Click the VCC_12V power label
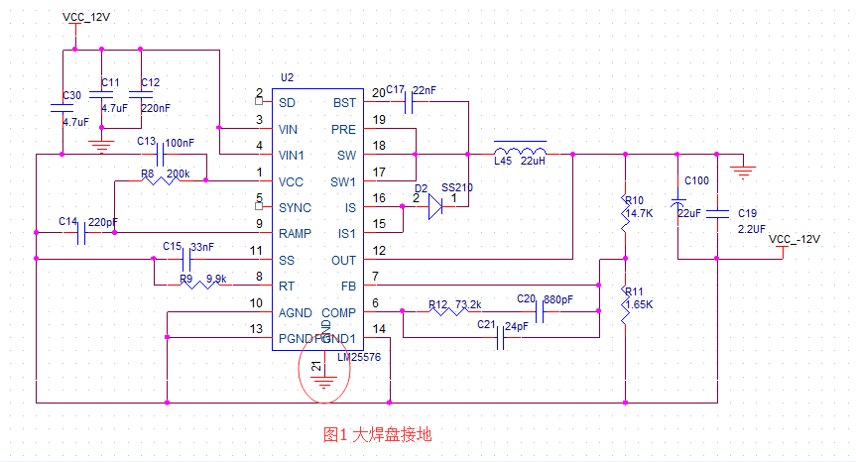coord(87,16)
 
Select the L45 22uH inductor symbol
coord(521,150)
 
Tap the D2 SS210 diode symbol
coord(433,207)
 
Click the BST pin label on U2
coord(343,102)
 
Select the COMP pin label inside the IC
coord(338,312)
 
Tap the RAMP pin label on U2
coord(298,234)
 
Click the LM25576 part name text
coord(360,357)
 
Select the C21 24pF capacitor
coord(502,338)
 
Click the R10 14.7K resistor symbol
coord(625,209)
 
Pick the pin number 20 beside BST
coord(378,94)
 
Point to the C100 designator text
coord(696,180)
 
